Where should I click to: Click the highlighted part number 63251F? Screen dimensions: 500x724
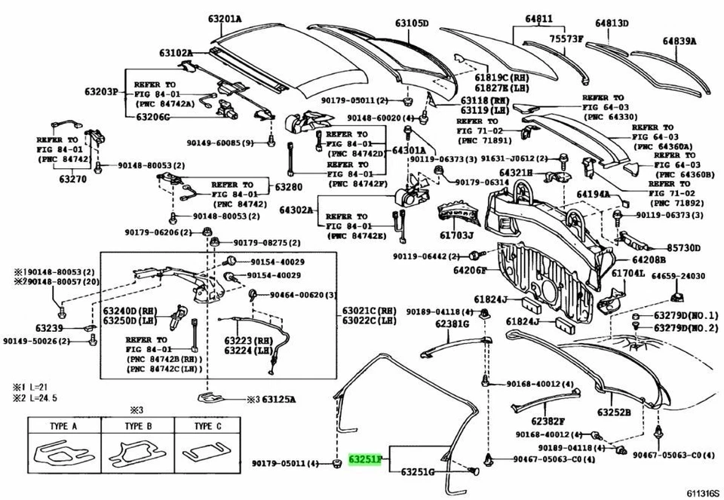click(x=367, y=459)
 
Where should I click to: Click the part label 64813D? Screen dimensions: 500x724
click(x=611, y=23)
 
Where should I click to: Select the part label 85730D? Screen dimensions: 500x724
click(x=683, y=247)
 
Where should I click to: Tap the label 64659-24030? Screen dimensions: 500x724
click(x=679, y=276)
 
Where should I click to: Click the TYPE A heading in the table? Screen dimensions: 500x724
click(x=63, y=426)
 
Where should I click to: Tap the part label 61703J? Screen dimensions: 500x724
click(x=457, y=235)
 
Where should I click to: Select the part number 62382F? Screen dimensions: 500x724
click(x=548, y=422)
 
